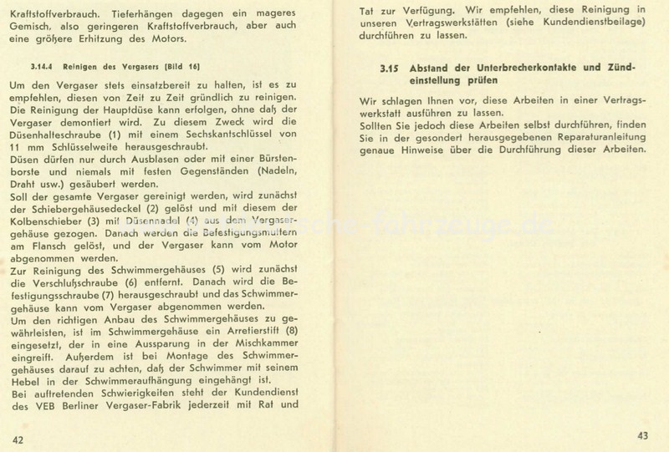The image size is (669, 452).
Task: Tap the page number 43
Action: (x=642, y=434)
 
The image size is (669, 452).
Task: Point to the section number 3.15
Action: (x=387, y=66)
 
